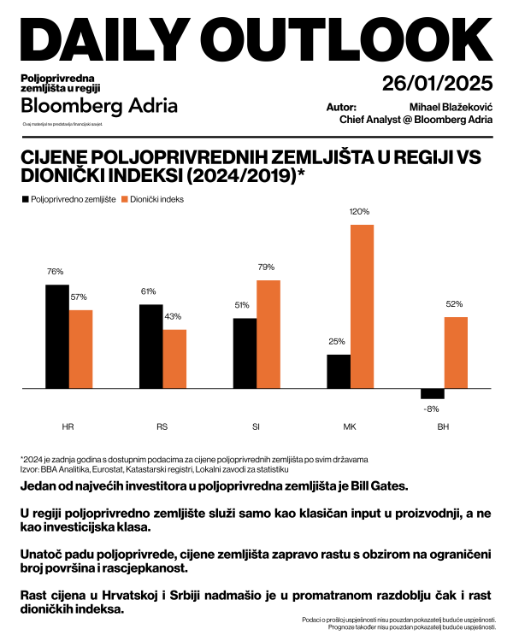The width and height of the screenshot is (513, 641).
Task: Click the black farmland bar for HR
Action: [x=56, y=336]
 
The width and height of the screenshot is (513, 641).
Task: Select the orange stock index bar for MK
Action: [x=362, y=307]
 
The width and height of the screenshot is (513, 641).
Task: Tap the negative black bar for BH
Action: [x=432, y=394]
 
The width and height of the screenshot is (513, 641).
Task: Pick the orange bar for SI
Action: [x=268, y=334]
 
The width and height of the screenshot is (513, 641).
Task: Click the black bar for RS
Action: [x=150, y=346]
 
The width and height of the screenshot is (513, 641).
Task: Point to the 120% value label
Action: [x=359, y=211]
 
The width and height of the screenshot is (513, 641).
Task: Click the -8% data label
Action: [x=432, y=408]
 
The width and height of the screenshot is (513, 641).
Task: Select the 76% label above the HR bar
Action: [x=56, y=271]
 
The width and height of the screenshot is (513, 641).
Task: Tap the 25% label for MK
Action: [x=337, y=342]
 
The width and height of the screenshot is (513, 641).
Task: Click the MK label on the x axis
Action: [x=349, y=426]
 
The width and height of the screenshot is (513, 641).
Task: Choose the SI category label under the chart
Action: [x=256, y=426]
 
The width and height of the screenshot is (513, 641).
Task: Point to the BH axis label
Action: [x=442, y=426]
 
